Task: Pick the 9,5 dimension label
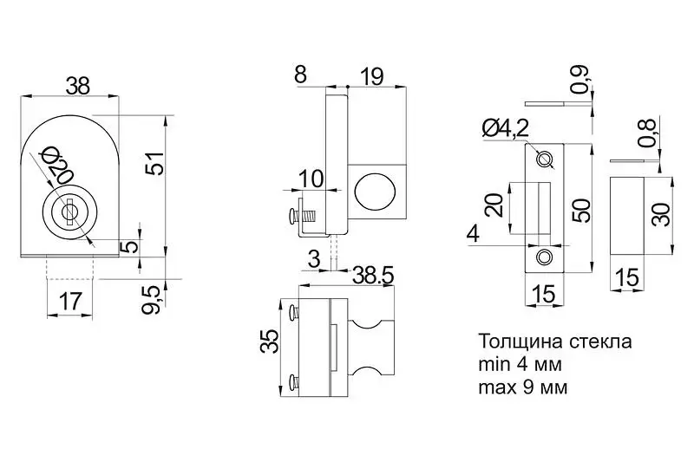click(153, 298)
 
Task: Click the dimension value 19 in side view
click(370, 76)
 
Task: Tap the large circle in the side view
click(374, 190)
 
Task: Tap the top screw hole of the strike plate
click(545, 159)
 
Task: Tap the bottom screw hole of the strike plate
click(545, 257)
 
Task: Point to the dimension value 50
click(580, 209)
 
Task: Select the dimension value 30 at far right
click(662, 214)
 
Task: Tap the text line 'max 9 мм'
click(522, 387)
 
